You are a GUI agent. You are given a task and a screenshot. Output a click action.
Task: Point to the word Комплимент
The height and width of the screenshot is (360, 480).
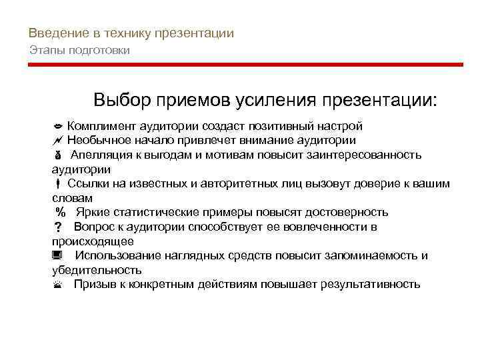pyautogui.click(x=99, y=126)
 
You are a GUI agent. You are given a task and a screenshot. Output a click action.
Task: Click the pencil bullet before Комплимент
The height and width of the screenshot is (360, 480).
pyautogui.click(x=57, y=127)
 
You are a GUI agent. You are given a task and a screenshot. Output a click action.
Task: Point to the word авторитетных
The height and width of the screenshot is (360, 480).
pyautogui.click(x=224, y=184)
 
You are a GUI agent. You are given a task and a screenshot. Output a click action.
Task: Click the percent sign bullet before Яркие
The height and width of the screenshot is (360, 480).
pyautogui.click(x=61, y=213)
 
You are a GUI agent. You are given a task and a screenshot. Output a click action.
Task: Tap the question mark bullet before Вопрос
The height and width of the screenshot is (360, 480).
pyautogui.click(x=57, y=228)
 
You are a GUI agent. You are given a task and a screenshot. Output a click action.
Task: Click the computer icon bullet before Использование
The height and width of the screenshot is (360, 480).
pyautogui.click(x=57, y=256)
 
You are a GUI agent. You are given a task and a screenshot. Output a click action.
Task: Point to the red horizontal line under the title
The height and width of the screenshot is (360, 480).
pyautogui.click(x=245, y=65)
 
